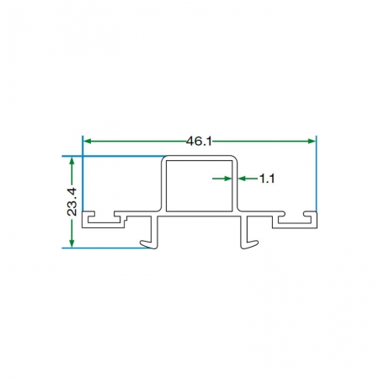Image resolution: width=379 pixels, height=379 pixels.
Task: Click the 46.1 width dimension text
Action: coord(199,141)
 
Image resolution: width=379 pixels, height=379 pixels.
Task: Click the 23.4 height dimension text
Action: coord(72,202)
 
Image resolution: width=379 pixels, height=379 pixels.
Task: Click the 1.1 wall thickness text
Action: coord(267,179)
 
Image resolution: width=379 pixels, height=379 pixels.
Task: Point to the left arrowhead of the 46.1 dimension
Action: coord(88,141)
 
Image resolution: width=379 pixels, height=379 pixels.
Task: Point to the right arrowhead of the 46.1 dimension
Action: coord(312,141)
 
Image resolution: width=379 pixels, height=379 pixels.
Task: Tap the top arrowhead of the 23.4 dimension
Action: coord(72,161)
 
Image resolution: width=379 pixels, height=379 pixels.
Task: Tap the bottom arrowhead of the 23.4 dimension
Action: coord(72,243)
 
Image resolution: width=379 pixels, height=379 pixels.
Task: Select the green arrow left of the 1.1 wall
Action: coord(222,179)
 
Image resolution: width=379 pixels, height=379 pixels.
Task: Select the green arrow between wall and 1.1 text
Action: coord(248,179)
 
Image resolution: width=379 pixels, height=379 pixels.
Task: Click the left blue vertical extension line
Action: coord(83,173)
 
